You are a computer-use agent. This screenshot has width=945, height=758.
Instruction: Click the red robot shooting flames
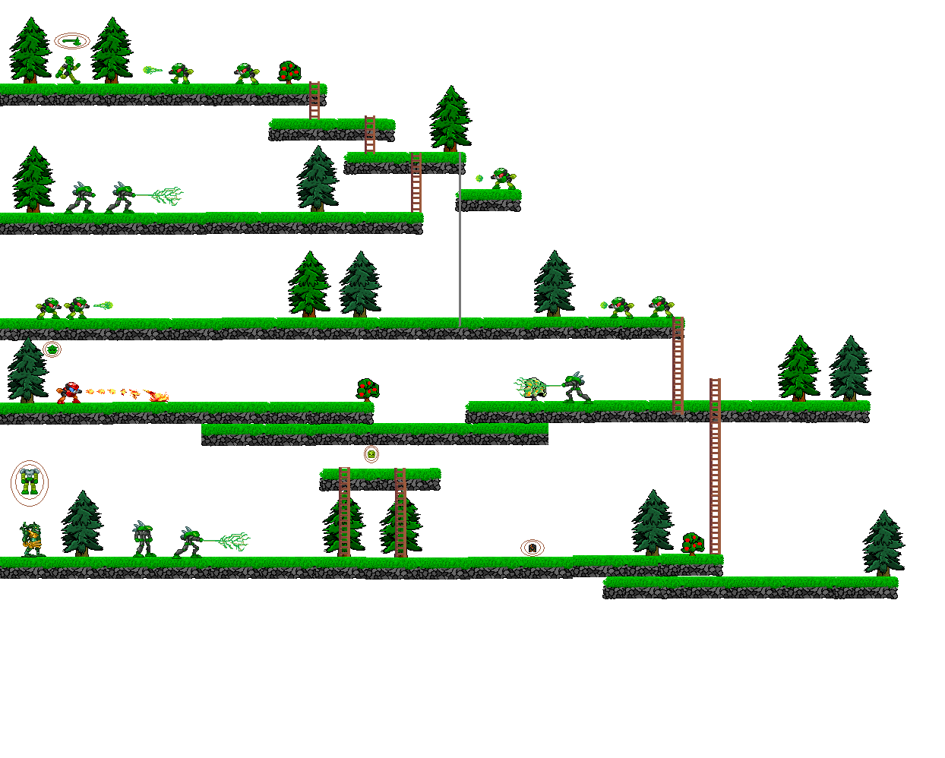click(69, 393)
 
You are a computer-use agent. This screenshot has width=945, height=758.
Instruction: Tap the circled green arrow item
click(72, 41)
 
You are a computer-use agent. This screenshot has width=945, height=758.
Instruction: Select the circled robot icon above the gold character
click(29, 482)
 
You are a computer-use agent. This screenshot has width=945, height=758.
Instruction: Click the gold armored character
click(31, 540)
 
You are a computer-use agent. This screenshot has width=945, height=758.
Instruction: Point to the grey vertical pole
click(460, 243)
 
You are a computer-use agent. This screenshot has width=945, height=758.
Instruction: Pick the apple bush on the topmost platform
click(289, 72)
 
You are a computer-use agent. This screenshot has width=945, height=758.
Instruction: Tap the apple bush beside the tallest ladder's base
click(692, 544)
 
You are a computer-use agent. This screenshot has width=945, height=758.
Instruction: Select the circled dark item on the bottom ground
click(533, 548)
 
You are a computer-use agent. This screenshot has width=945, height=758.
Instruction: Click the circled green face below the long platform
click(371, 454)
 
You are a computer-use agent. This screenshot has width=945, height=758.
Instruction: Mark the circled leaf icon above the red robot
click(52, 349)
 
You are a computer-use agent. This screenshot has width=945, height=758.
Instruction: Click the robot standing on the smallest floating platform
click(502, 179)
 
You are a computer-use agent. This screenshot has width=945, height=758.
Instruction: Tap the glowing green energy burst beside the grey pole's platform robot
click(479, 178)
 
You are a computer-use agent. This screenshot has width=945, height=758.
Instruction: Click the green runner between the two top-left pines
click(69, 70)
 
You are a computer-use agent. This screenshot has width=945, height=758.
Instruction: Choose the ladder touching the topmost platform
click(314, 100)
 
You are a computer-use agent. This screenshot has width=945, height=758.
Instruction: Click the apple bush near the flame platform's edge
click(368, 390)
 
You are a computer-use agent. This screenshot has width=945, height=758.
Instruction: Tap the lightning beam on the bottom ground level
click(226, 541)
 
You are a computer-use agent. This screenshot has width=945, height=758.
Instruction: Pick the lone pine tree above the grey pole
click(450, 119)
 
